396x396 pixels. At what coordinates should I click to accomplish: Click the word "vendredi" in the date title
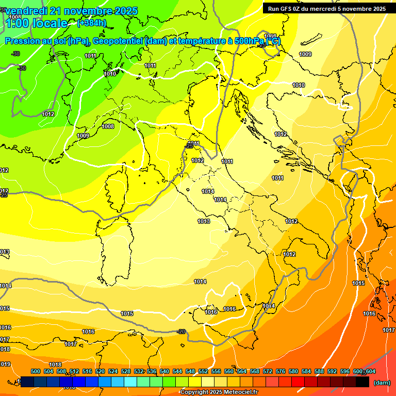26,11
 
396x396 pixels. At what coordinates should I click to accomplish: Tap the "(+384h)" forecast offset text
91,23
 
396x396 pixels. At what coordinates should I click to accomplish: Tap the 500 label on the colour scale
36,371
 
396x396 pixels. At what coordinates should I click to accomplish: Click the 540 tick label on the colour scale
164,371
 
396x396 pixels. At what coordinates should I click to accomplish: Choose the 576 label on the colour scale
280,371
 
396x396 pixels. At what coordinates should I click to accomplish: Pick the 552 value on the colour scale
203,371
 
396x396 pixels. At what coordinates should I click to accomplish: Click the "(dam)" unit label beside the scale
382,383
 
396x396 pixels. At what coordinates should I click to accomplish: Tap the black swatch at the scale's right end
362,382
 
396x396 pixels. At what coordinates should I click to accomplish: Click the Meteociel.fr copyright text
219,392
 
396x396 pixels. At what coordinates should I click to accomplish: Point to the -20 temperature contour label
181,332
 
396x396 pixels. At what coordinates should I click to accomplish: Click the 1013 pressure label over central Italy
204,221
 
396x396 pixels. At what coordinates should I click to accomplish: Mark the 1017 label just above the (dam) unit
388,330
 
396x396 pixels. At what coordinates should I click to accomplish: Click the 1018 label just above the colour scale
55,365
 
